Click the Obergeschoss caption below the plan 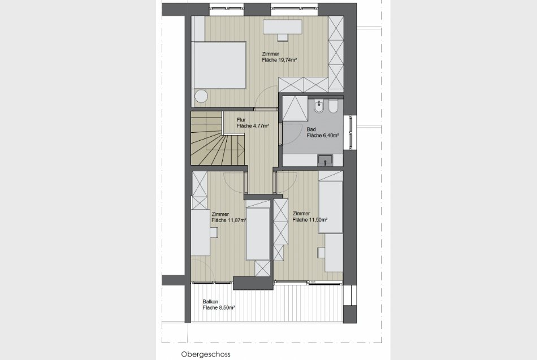pyautogui.click(x=206, y=354)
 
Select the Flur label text pyautogui.click(x=241, y=120)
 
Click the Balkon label pyautogui.click(x=210, y=302)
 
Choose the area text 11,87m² pyautogui.click(x=237, y=220)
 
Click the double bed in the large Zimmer pyautogui.click(x=219, y=65)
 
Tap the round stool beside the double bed pyautogui.click(x=201, y=96)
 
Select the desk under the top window pyautogui.click(x=283, y=27)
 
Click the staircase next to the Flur pyautogui.click(x=217, y=138)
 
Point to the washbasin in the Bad pyautogui.click(x=325, y=159)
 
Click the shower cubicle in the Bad pyautogui.click(x=295, y=109)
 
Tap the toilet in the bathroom pyautogui.click(x=334, y=106)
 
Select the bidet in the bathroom pyautogui.click(x=320, y=106)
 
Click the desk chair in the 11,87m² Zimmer pyautogui.click(x=214, y=233)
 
